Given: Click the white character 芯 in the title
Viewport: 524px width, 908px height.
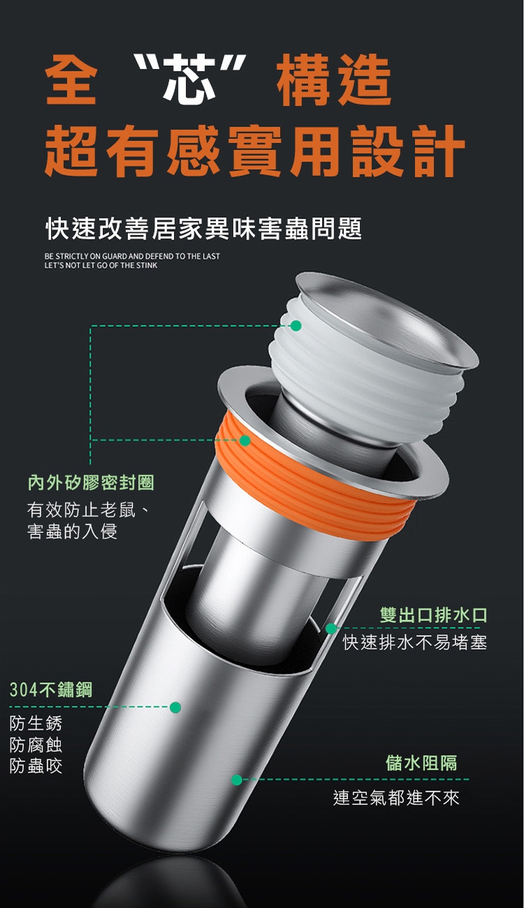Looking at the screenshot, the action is coord(189,79).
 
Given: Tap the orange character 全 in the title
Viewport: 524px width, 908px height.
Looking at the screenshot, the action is coord(71,80).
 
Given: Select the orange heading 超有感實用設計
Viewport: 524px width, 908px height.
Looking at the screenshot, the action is coord(255,151).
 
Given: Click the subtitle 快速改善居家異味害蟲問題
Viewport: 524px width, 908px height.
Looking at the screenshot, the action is coord(203,229).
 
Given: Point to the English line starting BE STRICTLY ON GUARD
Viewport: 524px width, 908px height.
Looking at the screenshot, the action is coord(132,256).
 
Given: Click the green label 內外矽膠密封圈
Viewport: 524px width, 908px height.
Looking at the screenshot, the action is coord(92,483).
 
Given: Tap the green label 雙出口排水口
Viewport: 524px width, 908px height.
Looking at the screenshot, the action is coord(434,615).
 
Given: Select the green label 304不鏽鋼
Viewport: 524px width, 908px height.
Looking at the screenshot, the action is coord(51,689).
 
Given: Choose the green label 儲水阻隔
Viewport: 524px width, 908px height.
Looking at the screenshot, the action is coord(421,763).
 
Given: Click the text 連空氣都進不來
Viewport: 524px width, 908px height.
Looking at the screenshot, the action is coord(396,798).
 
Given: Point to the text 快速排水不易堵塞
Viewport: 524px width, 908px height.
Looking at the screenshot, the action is coord(415,642).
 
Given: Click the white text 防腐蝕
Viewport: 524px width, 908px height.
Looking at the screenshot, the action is coord(36,745).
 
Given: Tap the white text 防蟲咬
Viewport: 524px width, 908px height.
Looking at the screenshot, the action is coord(36,766).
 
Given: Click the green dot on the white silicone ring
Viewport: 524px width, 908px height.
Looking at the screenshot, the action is coord(296,325).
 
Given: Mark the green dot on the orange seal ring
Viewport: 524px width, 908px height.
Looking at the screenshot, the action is coord(245,441).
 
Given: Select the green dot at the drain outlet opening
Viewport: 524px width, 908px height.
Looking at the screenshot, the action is coord(331,629).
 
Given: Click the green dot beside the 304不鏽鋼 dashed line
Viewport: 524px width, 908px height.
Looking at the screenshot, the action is coord(175,708).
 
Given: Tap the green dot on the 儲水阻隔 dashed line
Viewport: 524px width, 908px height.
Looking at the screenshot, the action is coord(237,780).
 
